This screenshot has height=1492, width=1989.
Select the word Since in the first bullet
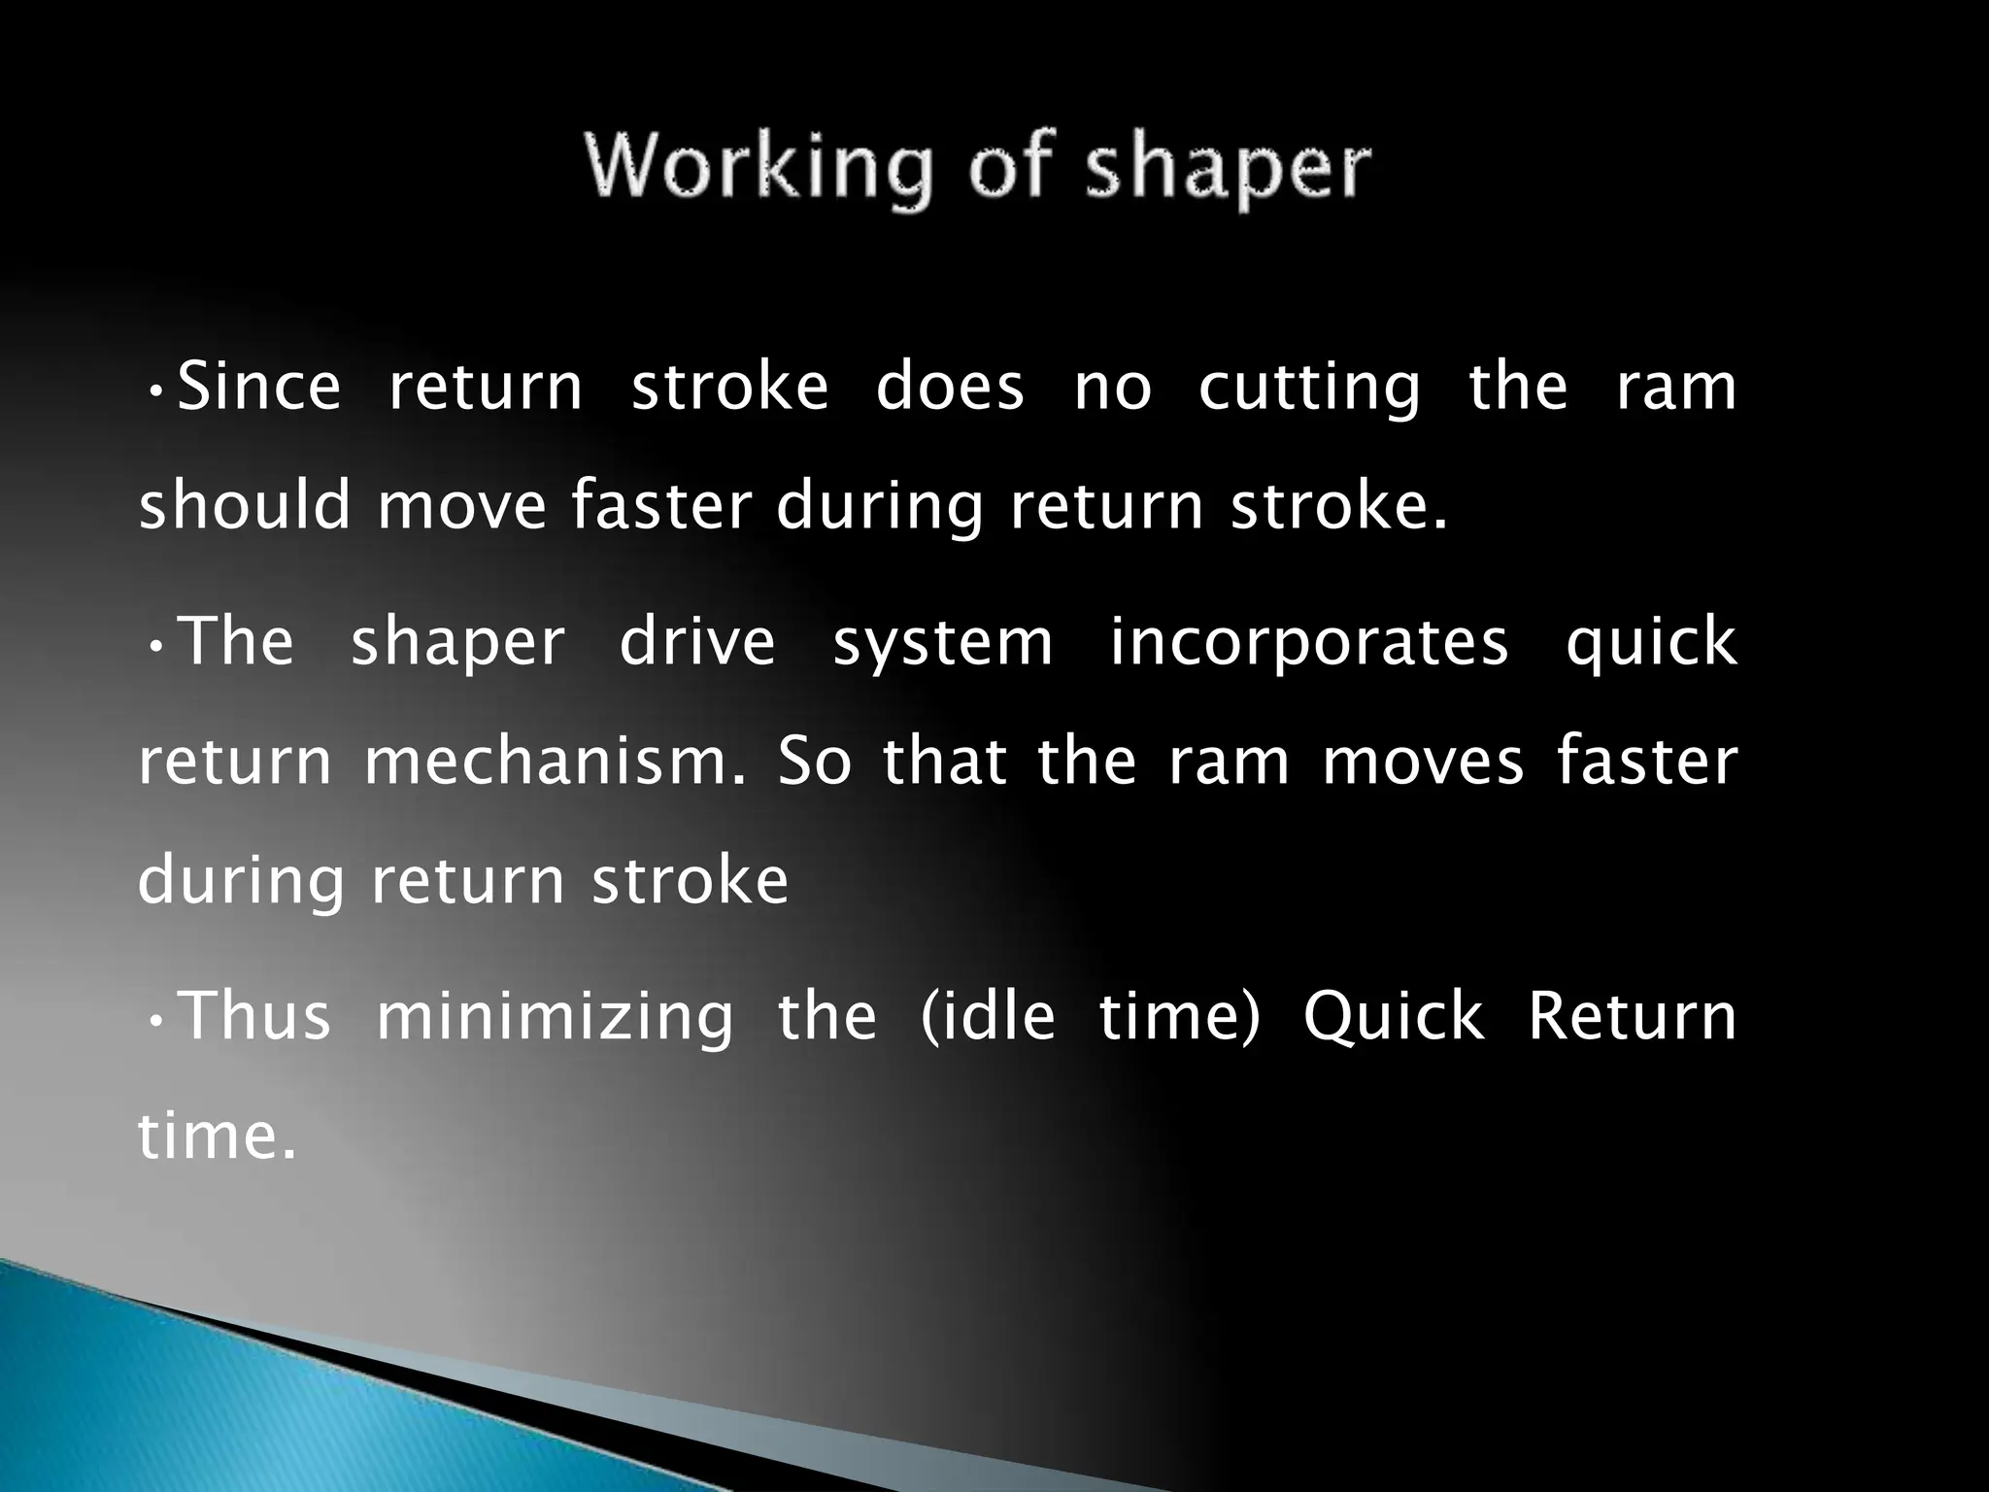click(259, 387)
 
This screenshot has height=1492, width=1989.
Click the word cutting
click(1309, 389)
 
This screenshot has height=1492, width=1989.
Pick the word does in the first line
click(950, 387)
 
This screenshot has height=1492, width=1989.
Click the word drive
click(697, 642)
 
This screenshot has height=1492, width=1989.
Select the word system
click(943, 644)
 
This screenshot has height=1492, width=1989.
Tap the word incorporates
click(1309, 644)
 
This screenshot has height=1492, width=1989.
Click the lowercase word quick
click(1650, 644)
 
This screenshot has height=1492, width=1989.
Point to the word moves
click(1423, 762)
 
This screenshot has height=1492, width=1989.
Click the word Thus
click(256, 1016)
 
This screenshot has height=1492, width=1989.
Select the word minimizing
click(555, 1018)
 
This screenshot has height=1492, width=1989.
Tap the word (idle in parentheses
click(987, 1016)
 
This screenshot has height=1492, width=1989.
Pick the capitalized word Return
click(1632, 1016)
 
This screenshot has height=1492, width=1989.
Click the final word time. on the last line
click(217, 1136)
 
